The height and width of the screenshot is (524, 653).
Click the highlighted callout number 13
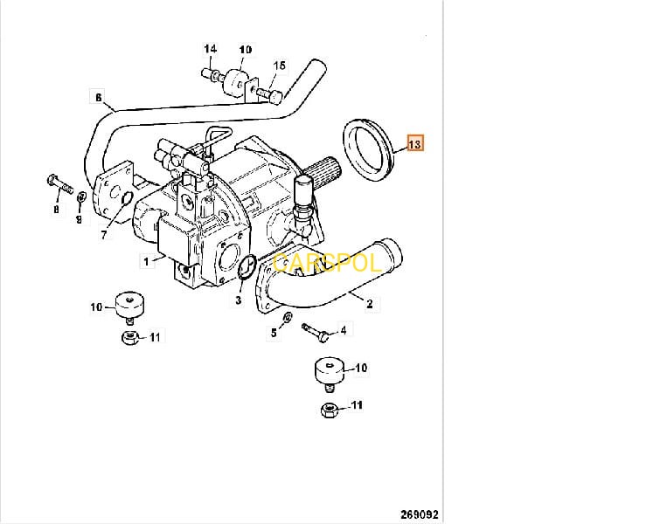click(x=413, y=144)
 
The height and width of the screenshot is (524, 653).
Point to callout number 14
click(x=211, y=49)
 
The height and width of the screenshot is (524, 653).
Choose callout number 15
click(x=279, y=65)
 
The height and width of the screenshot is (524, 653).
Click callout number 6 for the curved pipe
click(x=98, y=97)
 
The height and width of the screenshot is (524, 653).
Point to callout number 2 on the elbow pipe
click(x=369, y=304)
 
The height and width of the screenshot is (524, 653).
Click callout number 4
click(x=343, y=330)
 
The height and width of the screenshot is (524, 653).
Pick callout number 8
click(x=57, y=210)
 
